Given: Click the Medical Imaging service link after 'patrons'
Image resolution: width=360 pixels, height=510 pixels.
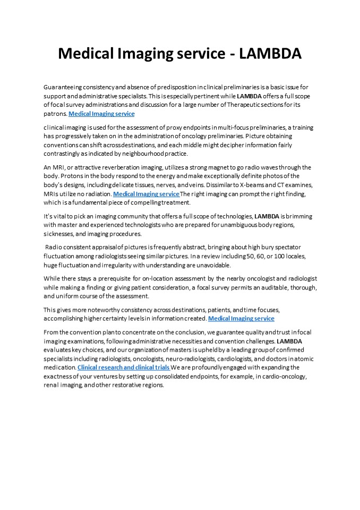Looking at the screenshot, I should [101, 114].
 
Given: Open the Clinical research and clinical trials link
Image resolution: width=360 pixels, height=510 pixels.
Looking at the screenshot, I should [123, 367].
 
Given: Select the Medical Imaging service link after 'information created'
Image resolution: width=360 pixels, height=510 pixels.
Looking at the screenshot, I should [241, 318].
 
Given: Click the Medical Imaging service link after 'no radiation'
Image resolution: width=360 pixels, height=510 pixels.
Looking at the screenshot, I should [146, 194].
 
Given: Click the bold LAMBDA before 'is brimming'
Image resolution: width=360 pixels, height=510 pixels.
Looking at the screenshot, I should [267, 216].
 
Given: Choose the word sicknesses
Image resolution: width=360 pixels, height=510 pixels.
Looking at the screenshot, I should [61, 234].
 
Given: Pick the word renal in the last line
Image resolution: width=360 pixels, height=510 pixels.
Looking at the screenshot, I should [50, 385].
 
